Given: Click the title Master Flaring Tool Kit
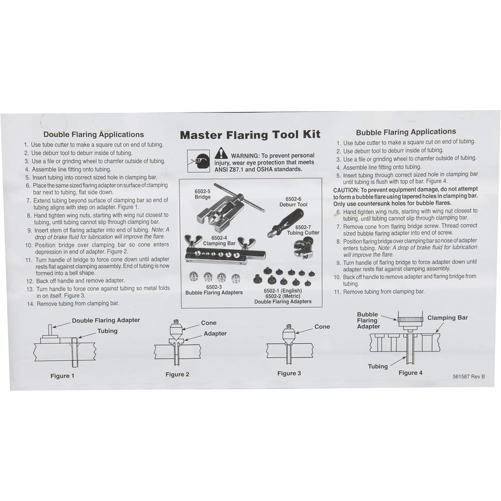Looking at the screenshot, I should pyautogui.click(x=250, y=135).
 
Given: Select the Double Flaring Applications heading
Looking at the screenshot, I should pyautogui.click(x=94, y=134).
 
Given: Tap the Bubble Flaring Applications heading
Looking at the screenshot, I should pyautogui.click(x=406, y=132).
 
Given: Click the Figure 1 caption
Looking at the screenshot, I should pyautogui.click(x=62, y=375).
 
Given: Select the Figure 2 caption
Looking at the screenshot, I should pyautogui.click(x=177, y=374).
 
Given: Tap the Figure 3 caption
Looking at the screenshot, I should pyautogui.click(x=289, y=373).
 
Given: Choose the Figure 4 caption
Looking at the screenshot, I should pyautogui.click(x=410, y=373).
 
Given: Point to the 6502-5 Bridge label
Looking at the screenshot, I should pyautogui.click(x=203, y=194).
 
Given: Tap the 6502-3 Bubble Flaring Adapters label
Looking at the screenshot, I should pyautogui.click(x=214, y=289).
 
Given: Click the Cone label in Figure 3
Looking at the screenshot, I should pyautogui.click(x=322, y=327).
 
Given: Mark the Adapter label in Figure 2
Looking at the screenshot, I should pyautogui.click(x=215, y=334).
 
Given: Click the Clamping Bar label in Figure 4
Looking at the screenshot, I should pyautogui.click(x=448, y=318).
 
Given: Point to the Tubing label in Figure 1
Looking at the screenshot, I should pyautogui.click(x=107, y=331).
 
